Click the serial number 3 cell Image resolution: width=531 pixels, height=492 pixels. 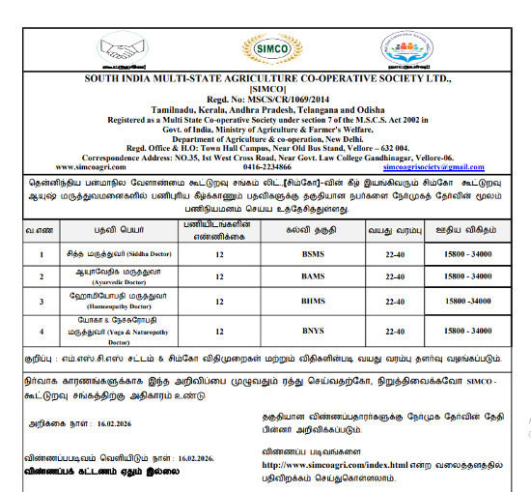(x=40, y=301)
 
